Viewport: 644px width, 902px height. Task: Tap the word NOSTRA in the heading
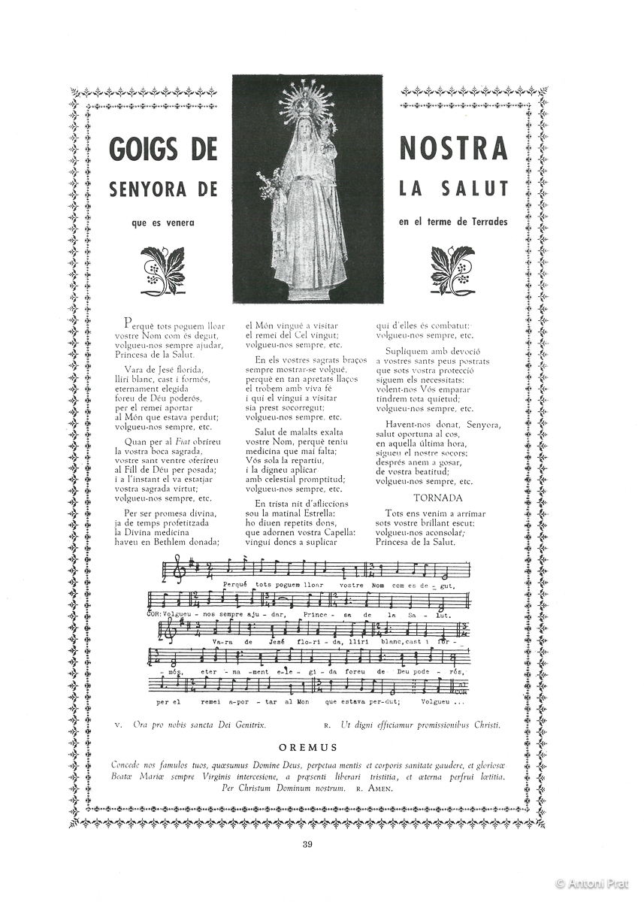453,149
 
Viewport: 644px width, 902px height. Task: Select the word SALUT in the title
472,189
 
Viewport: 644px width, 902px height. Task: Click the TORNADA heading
438,498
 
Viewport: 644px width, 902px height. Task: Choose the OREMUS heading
308,747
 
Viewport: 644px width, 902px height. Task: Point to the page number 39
307,843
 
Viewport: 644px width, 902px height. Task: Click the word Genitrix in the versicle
247,725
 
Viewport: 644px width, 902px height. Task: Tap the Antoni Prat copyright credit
595,885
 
